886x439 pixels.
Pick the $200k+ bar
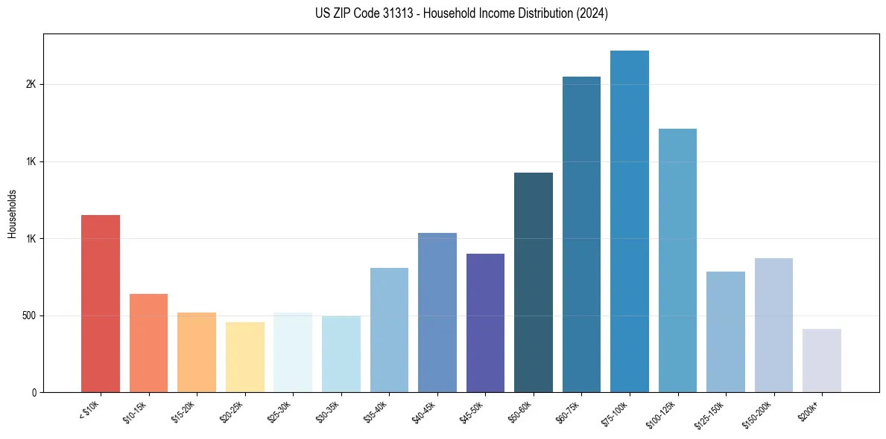coord(822,360)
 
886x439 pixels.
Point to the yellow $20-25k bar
coord(244,357)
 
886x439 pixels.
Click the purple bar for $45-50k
coord(485,323)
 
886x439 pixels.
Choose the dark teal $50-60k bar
coord(534,282)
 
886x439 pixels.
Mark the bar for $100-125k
coord(677,260)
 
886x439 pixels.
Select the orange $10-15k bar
coord(148,343)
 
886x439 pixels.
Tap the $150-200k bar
coord(773,325)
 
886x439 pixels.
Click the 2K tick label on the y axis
coord(31,85)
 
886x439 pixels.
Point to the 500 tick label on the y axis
coord(28,315)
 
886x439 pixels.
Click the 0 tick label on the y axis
coord(34,393)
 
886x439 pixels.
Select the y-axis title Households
coord(13,214)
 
